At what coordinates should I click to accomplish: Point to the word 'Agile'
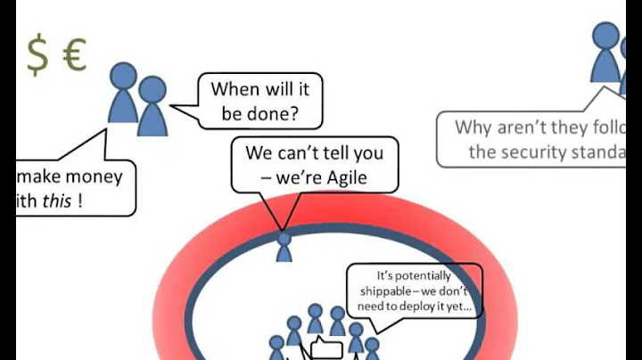tap(340, 177)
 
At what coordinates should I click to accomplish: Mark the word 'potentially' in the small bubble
tap(415, 275)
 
